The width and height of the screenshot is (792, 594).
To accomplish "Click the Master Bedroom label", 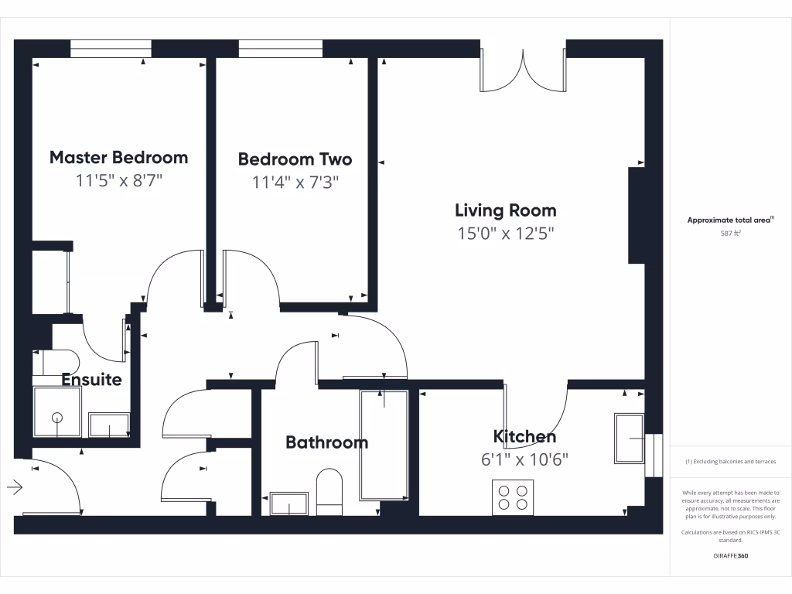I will coord(118,157).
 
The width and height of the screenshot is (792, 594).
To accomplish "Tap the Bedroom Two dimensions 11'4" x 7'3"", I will coord(295,183).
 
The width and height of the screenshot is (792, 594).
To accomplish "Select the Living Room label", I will coord(505,210).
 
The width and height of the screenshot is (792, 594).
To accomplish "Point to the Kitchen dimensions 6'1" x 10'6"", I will coord(524,459).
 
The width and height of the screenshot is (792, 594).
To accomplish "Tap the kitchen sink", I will coord(629,439).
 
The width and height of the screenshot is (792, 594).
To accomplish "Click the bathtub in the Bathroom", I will coord(384,445).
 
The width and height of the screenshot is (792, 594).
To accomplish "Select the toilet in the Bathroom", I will coord(329,491).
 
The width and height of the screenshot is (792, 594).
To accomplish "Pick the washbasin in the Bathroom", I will coord(289,504).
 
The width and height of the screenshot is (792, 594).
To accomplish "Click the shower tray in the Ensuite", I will coord(56,411).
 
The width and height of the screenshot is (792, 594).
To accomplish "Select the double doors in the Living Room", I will coord(524,70).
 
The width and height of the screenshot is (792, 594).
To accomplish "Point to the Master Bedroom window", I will coord(111,49).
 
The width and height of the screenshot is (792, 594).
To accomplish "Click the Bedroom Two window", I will coord(280,49).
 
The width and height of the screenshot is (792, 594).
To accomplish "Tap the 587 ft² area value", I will coord(730,233).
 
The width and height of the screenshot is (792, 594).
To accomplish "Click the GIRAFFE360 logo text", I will coord(730,555).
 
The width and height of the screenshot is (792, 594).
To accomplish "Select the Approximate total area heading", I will coord(730,220).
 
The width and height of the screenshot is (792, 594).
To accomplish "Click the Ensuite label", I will coord(91,380).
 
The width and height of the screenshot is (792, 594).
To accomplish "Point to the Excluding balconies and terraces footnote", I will coord(730,462).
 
